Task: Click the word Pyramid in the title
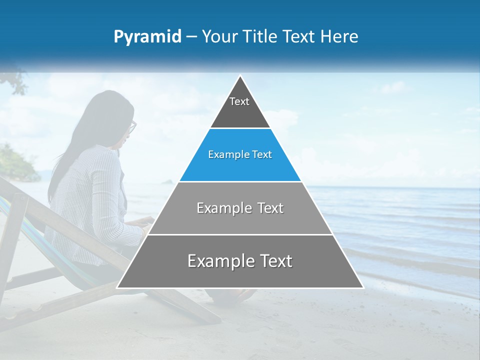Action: pyautogui.click(x=147, y=37)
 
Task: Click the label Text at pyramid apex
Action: pyautogui.click(x=239, y=101)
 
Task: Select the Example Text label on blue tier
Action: pyautogui.click(x=240, y=154)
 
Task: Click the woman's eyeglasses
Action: pyautogui.click(x=132, y=127)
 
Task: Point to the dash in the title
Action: pyautogui.click(x=191, y=37)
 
